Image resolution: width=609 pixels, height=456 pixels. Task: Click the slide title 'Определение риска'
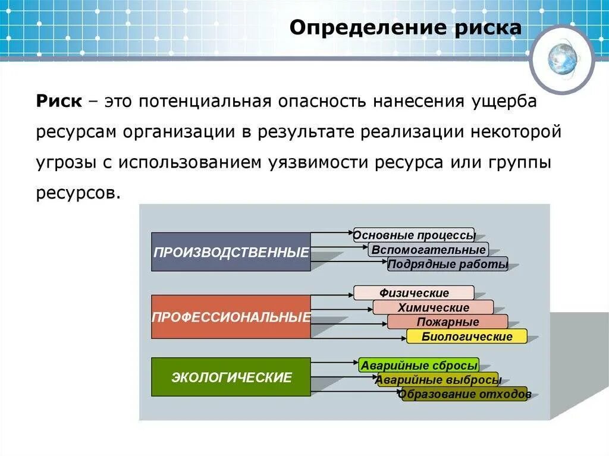click(406, 29)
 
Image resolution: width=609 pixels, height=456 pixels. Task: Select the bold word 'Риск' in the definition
click(59, 101)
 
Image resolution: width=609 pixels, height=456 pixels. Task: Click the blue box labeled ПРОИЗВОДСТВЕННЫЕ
click(231, 252)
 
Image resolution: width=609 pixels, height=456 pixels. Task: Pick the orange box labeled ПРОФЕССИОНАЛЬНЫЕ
click(231, 317)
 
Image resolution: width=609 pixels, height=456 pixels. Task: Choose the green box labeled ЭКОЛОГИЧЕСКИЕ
click(231, 377)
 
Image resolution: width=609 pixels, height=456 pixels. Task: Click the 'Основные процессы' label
click(414, 235)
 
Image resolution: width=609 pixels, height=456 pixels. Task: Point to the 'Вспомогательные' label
click(428, 250)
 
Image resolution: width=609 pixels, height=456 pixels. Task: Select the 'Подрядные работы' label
click(448, 265)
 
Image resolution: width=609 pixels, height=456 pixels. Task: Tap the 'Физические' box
click(414, 293)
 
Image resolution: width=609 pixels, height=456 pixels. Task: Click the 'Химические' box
click(433, 307)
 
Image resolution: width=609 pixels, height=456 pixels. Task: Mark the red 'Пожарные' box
click(447, 322)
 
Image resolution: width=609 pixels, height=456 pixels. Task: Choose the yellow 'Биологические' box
click(467, 337)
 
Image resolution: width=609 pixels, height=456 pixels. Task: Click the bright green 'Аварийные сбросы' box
click(419, 365)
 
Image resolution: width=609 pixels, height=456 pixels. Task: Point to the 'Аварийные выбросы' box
click(439, 380)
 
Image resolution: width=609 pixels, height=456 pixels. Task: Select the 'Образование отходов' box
click(464, 394)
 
